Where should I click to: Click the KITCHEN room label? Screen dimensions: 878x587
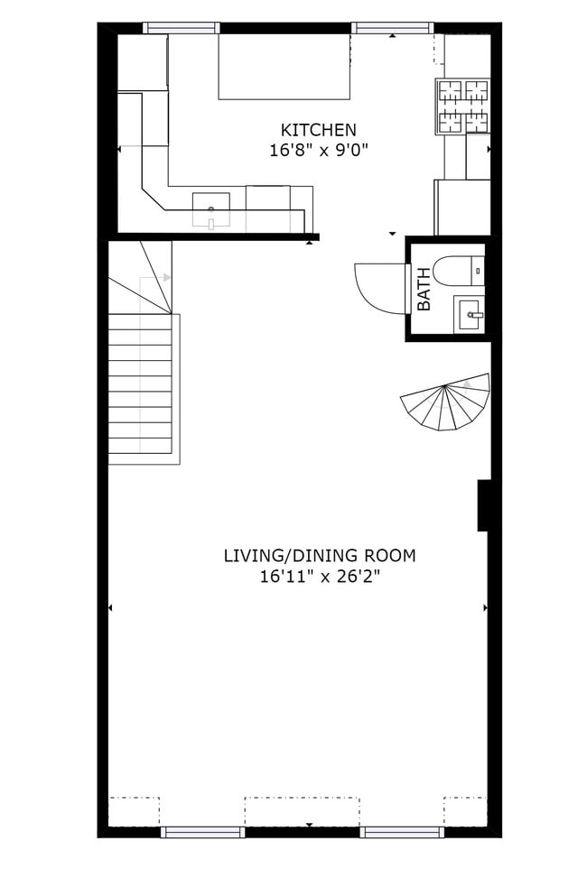[318, 130]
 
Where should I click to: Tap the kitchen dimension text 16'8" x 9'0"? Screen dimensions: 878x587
[318, 151]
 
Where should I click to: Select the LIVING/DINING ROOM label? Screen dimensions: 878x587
[319, 555]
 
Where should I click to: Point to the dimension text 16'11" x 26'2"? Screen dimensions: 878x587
[319, 576]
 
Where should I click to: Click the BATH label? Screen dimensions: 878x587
[423, 289]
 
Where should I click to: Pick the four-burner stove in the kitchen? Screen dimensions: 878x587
[462, 106]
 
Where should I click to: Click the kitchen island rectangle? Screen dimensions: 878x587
[284, 67]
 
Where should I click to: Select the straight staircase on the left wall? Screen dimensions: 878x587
[141, 388]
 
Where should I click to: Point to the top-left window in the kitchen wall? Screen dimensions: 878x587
[182, 28]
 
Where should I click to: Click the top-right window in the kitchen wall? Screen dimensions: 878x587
[392, 28]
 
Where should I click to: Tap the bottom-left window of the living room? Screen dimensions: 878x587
[202, 832]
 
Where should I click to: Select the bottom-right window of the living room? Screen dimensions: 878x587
[401, 832]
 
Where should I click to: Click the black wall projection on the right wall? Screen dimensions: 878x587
[483, 505]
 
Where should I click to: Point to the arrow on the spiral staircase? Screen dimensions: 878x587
[468, 384]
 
